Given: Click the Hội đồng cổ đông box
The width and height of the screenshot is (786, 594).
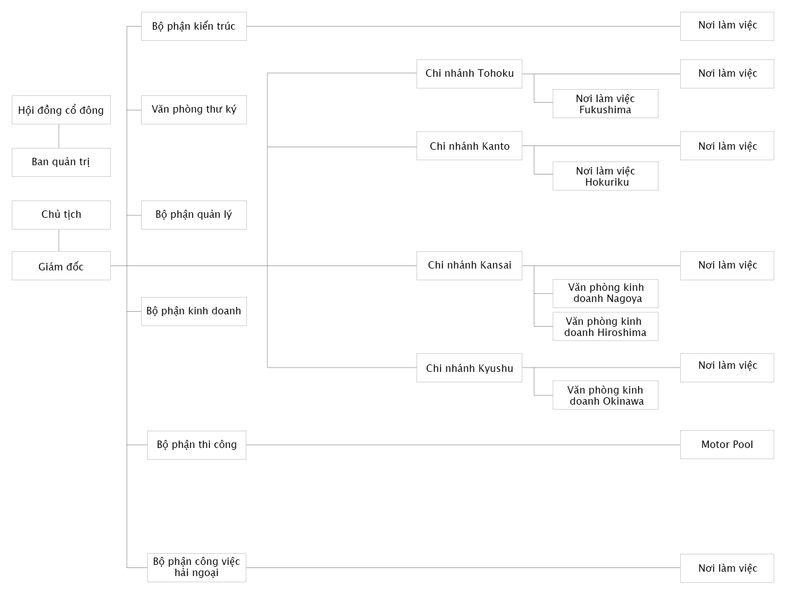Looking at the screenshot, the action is click(61, 110).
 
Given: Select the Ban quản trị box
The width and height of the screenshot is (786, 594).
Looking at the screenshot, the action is click(61, 163).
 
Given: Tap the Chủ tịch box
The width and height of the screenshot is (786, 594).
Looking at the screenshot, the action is click(61, 215).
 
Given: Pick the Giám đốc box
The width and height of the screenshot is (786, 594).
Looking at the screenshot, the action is click(61, 266).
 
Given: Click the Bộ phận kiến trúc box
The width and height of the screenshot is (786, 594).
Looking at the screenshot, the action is click(194, 27).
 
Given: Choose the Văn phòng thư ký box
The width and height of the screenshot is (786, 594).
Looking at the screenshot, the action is click(194, 110).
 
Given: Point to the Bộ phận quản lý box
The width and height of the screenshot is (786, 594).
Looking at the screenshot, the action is click(194, 215).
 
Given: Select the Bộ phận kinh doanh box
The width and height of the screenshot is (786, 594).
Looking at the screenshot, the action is click(194, 312).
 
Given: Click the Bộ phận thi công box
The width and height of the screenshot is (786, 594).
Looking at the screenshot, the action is click(197, 445).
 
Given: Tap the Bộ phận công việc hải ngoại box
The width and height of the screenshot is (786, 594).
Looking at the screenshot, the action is click(197, 568).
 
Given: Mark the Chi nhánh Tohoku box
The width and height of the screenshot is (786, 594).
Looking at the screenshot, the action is click(469, 74).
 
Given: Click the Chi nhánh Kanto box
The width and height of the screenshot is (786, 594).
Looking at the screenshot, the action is click(469, 145).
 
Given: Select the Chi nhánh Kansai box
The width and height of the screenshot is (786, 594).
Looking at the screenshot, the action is click(469, 266).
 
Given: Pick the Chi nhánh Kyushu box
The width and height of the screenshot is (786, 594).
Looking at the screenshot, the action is click(469, 368).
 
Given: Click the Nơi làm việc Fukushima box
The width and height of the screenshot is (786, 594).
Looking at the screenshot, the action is click(605, 104).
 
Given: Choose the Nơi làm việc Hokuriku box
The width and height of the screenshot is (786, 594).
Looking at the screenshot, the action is click(605, 176).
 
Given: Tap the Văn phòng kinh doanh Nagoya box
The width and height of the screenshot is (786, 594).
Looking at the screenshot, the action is click(605, 293).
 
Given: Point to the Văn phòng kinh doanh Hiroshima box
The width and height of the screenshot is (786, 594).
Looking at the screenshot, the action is click(605, 326).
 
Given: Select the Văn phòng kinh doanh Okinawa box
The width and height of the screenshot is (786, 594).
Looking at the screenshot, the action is click(605, 395).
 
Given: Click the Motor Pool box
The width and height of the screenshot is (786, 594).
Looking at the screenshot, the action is click(727, 444).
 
